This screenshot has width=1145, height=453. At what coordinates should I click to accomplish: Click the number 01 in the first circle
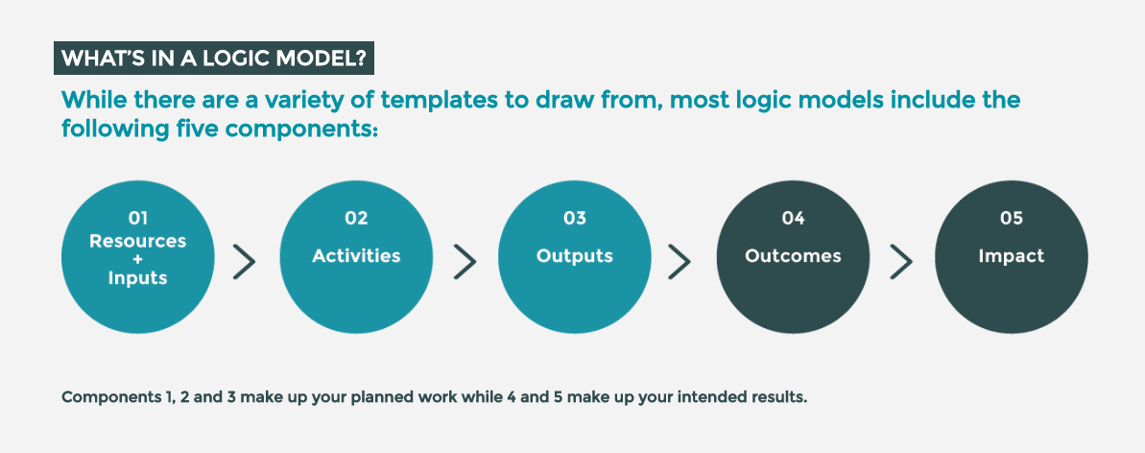pos(137,218)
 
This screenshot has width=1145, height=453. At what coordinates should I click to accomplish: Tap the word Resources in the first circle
pos(137,240)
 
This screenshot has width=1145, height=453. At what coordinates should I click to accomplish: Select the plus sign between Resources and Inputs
pos(137,259)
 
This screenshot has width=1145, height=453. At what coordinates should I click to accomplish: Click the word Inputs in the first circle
pos(137,277)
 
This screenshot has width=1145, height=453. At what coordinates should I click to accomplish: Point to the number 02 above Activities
pos(356,218)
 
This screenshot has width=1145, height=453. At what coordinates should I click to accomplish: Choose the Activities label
pos(356,255)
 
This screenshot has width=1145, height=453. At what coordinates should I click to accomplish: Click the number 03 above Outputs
pos(575,218)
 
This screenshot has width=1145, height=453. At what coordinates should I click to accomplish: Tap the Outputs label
pos(575,256)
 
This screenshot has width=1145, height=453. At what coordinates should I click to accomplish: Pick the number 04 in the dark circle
pos(793,218)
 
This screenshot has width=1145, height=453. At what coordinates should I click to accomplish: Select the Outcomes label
pos(793,255)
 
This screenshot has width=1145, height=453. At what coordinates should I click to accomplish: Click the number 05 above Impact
pos(1012,218)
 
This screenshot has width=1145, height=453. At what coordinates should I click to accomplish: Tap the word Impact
pos(1012,256)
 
